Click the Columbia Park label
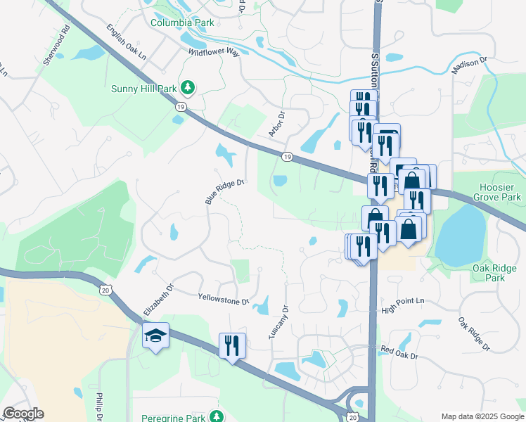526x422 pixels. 182,23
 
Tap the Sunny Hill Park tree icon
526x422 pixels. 188,88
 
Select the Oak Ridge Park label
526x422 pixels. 495,273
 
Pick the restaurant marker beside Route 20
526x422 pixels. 232,345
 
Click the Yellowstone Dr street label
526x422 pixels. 224,299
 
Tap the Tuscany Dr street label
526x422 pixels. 278,323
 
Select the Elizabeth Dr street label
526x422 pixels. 158,300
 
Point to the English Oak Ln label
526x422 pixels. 127,42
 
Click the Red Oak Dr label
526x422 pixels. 399,352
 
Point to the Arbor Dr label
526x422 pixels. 276,124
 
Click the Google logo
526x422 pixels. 23,414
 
